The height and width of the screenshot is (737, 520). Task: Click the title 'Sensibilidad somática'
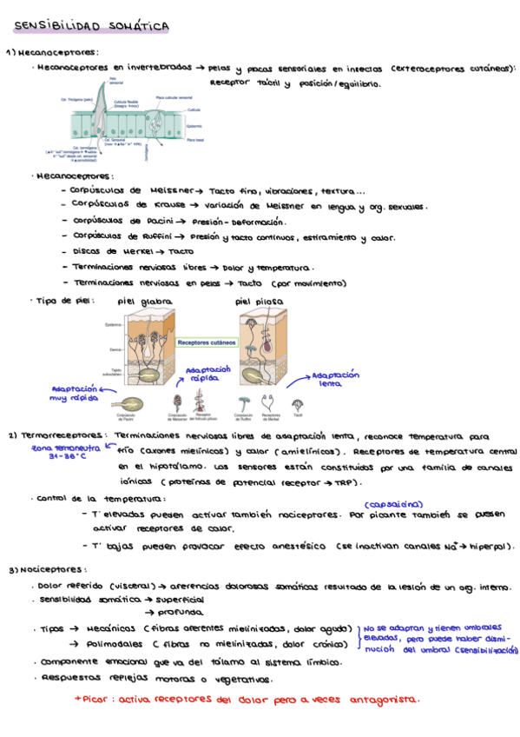click(91, 28)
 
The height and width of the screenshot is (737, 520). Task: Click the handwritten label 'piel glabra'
click(144, 301)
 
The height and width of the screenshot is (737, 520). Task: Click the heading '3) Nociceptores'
click(41, 570)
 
